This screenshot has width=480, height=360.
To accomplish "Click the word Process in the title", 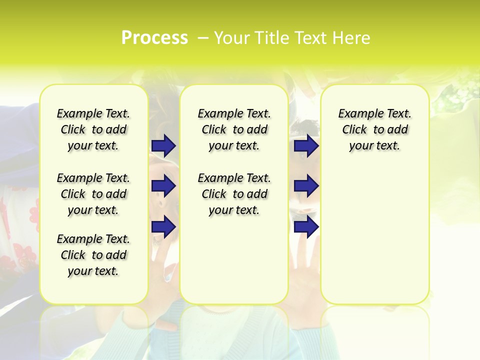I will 154,38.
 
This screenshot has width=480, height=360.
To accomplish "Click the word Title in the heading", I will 268,38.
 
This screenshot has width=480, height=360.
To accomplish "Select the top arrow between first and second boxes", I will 163,146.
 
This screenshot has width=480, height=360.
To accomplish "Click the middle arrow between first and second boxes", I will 163,186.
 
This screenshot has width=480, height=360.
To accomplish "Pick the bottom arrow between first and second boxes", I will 163,226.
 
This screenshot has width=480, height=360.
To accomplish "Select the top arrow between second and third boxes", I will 306,146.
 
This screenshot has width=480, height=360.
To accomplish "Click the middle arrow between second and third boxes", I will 306,186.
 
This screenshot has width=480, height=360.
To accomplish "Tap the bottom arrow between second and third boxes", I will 306,226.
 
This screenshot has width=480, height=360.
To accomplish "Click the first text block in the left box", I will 93,129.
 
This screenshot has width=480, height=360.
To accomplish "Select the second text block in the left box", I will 93,194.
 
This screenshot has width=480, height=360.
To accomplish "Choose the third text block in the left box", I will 93,255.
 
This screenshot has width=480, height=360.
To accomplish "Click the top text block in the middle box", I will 234,129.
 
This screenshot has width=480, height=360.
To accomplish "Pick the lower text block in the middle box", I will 234,194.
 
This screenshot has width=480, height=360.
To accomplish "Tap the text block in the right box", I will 375,129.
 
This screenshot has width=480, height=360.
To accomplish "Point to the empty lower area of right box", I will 375,235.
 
